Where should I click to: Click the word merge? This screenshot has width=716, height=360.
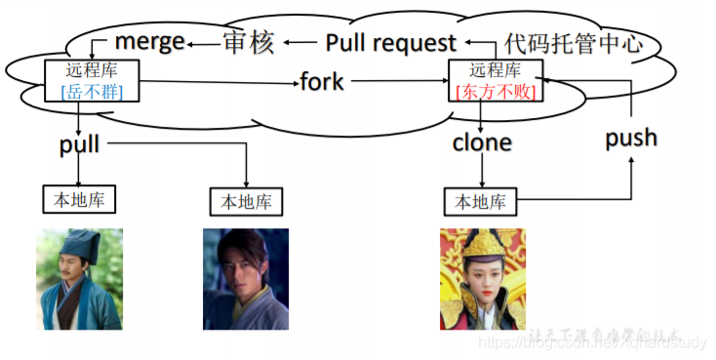pos(149,41)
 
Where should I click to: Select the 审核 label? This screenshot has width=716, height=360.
pos(249,43)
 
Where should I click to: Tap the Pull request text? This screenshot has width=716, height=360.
pos(390,43)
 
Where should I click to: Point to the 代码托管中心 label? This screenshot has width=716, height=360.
pos(575,44)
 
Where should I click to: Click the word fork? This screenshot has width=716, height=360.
pos(322,81)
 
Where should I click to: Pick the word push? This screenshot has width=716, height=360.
pos(631,138)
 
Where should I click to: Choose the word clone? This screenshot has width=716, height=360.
pos(482,142)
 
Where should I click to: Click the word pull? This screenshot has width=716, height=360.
pos(80,145)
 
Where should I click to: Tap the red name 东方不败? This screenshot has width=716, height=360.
pos(496,92)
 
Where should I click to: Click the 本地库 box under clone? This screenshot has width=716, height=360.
pos(481,202)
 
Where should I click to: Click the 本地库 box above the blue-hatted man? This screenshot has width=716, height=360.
pos(79,199)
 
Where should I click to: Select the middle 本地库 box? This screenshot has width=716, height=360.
pos(247,201)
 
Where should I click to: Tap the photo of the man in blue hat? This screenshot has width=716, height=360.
pos(80,279)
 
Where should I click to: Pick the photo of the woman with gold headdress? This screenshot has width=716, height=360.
pos(482,279)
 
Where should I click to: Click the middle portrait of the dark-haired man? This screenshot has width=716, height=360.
pos(246,279)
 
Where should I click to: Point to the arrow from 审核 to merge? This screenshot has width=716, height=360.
pos(204,44)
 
